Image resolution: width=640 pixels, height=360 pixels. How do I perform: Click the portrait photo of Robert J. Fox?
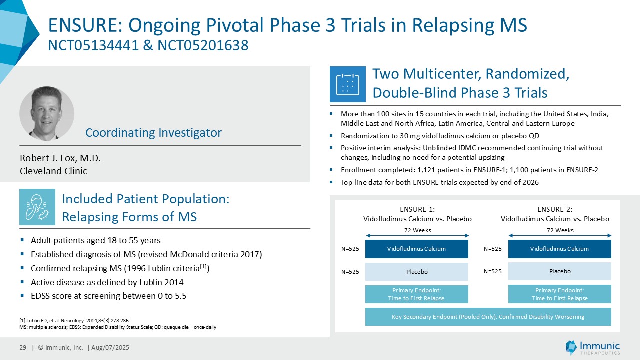click(47, 113)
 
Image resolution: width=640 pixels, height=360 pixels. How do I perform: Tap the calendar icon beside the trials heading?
click(347, 84)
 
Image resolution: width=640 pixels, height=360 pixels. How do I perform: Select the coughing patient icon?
click(37, 207)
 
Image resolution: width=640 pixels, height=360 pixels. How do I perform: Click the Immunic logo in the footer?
click(592, 347)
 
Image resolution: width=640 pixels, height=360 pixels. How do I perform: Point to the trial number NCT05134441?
click(93, 45)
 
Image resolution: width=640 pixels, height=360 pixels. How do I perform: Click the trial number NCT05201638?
click(203, 45)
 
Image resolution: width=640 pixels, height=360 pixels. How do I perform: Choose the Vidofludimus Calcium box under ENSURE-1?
click(417, 249)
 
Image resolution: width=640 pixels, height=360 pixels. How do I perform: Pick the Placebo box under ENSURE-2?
click(560, 271)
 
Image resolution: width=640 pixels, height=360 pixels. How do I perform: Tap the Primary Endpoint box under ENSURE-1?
click(417, 294)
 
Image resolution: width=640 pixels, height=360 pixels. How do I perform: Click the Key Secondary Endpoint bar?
click(488, 317)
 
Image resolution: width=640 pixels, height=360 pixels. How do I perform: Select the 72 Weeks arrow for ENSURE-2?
click(560, 235)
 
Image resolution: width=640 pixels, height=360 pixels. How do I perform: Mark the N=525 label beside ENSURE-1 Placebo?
click(350, 272)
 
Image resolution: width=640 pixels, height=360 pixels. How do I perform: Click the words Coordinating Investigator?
click(153, 133)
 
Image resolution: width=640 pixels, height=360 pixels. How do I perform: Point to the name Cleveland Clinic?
click(53, 171)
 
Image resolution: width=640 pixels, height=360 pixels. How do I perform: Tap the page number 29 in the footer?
click(23, 347)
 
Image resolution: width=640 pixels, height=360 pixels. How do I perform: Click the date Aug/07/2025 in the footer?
click(110, 347)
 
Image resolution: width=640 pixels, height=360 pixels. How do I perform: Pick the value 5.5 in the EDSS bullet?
click(180, 296)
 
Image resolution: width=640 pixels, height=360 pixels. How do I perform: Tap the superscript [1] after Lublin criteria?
click(203, 266)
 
